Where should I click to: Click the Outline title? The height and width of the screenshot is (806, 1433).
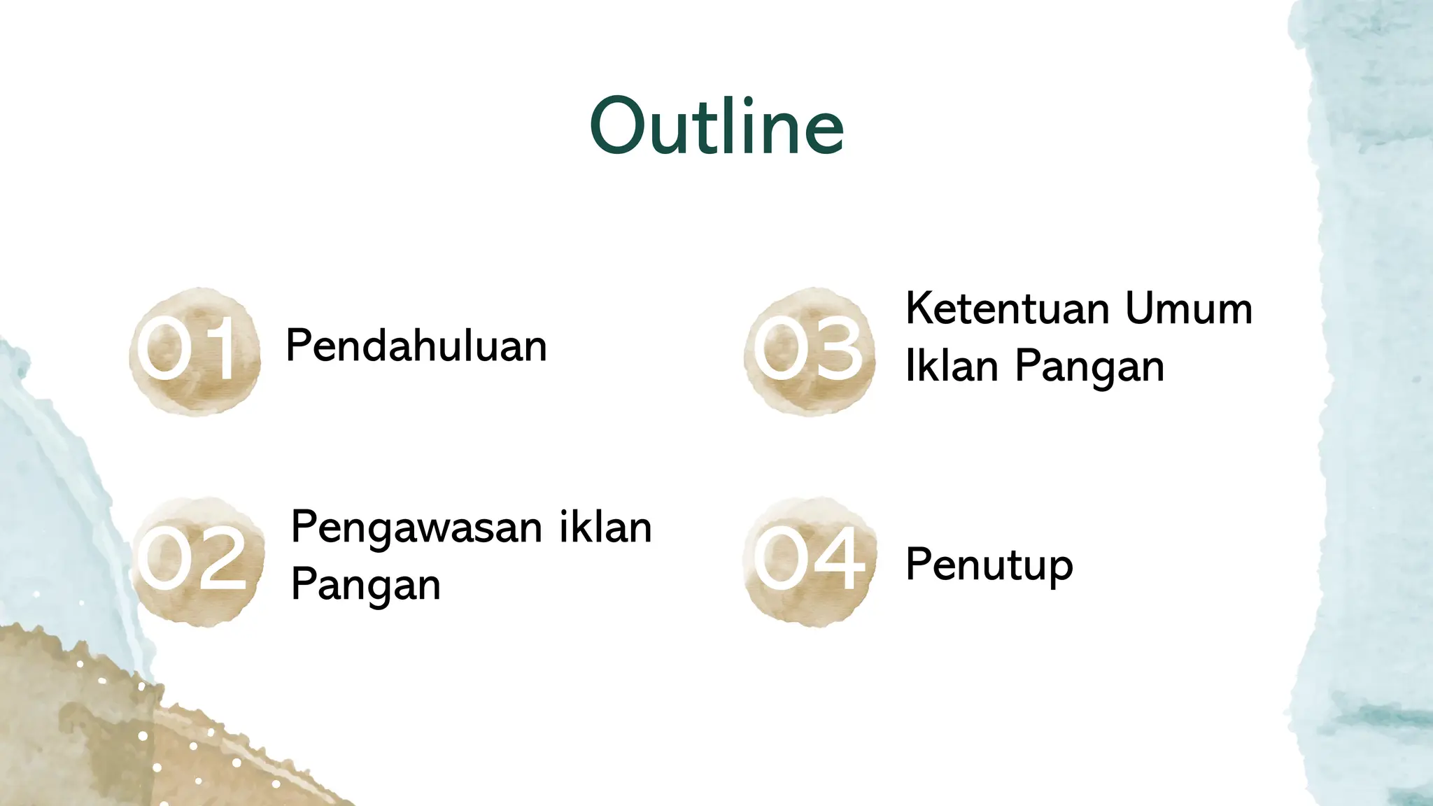pyautogui.click(x=717, y=127)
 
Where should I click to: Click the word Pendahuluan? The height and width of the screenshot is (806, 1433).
pyautogui.click(x=416, y=346)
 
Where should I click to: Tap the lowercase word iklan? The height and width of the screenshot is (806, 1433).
pyautogui.click(x=605, y=528)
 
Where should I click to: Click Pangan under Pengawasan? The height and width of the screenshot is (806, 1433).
pyautogui.click(x=365, y=586)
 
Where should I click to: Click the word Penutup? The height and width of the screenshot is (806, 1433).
pyautogui.click(x=989, y=565)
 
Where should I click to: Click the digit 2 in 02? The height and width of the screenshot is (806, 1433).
pyautogui.click(x=218, y=558)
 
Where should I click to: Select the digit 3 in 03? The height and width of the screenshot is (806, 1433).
pyautogui.click(x=836, y=348)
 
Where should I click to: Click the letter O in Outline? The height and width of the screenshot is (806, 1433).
pyautogui.click(x=618, y=127)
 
